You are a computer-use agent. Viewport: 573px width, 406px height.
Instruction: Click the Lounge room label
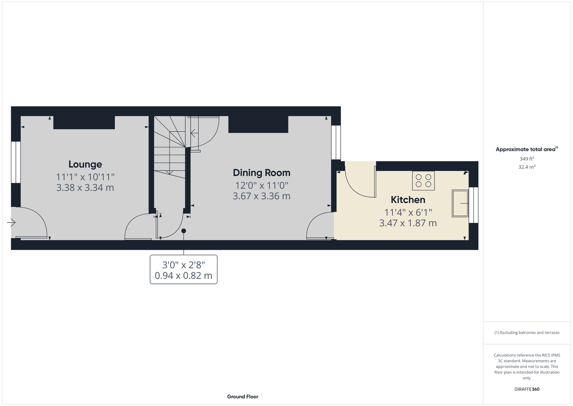85,164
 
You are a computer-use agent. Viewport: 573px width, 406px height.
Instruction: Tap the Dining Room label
262,173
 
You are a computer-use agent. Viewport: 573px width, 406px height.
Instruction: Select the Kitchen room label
408,199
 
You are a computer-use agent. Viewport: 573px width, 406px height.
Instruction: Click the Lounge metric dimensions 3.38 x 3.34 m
85,188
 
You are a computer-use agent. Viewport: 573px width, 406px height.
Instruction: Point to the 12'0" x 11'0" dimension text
262,185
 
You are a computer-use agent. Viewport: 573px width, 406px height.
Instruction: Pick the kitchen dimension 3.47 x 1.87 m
408,223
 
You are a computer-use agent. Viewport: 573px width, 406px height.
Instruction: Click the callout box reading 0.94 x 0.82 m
183,269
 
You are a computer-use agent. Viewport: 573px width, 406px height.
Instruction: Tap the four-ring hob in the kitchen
423,180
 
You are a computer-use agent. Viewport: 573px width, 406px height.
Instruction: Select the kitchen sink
460,203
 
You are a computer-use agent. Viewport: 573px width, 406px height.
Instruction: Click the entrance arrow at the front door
11,222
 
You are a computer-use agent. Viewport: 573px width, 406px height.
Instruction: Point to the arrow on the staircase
195,133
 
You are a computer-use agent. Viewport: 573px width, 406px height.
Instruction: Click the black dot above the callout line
183,231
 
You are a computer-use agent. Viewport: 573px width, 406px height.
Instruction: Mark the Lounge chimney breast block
84,123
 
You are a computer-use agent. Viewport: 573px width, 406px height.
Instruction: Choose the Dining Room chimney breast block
258,124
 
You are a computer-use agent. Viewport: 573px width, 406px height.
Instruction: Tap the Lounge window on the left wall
15,162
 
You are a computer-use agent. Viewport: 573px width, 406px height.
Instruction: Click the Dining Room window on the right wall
336,143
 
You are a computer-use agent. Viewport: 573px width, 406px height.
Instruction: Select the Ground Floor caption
243,397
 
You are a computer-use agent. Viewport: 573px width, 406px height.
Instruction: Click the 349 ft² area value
527,159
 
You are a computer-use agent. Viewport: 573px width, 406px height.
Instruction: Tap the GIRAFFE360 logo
527,389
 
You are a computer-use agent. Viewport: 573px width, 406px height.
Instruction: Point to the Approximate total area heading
527,149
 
